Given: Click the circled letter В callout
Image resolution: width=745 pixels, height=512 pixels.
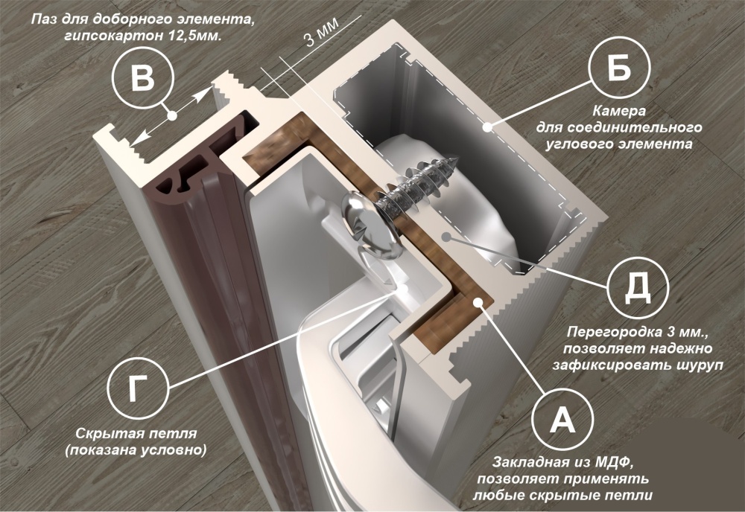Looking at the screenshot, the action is pyautogui.click(x=142, y=78).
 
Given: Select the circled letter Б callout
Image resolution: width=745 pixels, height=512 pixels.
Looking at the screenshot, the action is pyautogui.click(x=619, y=68).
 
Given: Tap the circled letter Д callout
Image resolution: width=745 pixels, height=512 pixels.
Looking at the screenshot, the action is pyautogui.click(x=638, y=287).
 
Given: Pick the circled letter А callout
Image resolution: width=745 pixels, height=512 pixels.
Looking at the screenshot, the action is pyautogui.click(x=562, y=420).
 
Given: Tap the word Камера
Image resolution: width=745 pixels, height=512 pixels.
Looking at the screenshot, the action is pyautogui.click(x=618, y=111).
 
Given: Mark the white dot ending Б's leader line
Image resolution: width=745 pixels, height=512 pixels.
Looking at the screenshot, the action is pyautogui.click(x=487, y=127).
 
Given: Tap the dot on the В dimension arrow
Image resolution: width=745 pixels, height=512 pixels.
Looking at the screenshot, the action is pyautogui.click(x=172, y=115).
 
